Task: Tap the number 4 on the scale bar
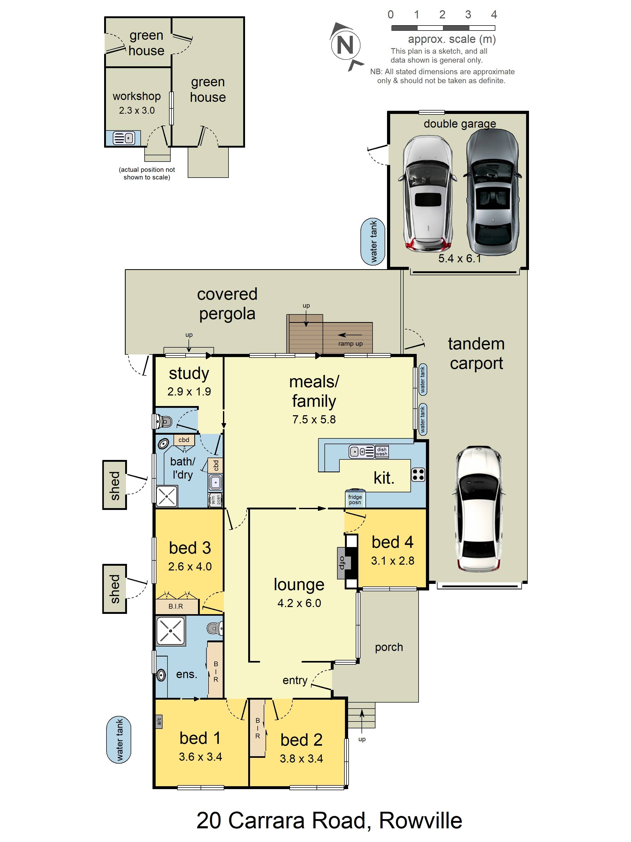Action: pos(494,14)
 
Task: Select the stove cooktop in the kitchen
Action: pos(418,475)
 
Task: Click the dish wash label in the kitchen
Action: pos(381,452)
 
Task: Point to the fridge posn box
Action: pos(355,499)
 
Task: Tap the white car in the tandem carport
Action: pos(479,509)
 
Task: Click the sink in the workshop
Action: pos(124,138)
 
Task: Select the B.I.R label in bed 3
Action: pos(176,606)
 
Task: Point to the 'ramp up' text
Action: pos(350,343)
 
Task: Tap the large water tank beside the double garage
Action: pos(373,242)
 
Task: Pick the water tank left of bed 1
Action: pos(119,740)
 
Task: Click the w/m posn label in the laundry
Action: pos(216,500)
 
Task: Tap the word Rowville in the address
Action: pos(420,820)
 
